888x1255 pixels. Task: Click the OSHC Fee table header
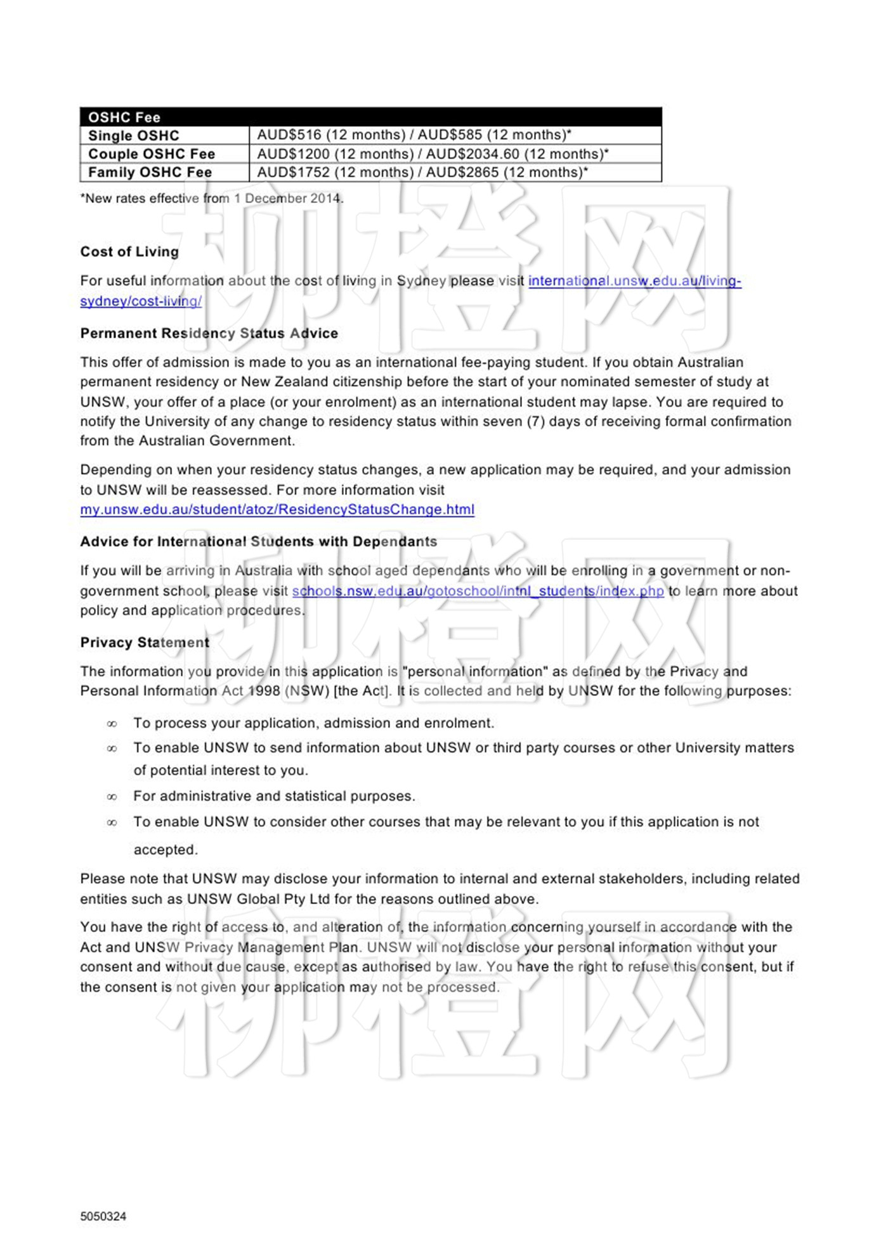pyautogui.click(x=124, y=117)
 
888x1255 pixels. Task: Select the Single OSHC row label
pyautogui.click(x=134, y=136)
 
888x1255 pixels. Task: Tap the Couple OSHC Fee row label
pyautogui.click(x=152, y=154)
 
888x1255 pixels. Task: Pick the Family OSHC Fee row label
pyautogui.click(x=150, y=173)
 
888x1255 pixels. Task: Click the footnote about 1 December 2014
pyautogui.click(x=212, y=199)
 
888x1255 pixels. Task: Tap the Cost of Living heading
pyautogui.click(x=129, y=252)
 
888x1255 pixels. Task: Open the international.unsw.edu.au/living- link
pyautogui.click(x=634, y=281)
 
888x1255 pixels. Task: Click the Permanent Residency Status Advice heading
pyautogui.click(x=209, y=334)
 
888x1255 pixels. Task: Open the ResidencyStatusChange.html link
pyautogui.click(x=277, y=509)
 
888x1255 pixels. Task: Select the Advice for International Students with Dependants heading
pyautogui.click(x=258, y=542)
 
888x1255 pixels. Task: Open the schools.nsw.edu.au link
pyautogui.click(x=478, y=591)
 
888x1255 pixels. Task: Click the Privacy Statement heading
pyautogui.click(x=145, y=643)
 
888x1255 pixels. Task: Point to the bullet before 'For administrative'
pyautogui.click(x=112, y=797)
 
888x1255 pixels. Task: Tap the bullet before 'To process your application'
pyautogui.click(x=112, y=724)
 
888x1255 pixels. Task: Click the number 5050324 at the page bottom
pyautogui.click(x=103, y=1216)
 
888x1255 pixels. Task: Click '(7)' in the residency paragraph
pyautogui.click(x=536, y=422)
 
